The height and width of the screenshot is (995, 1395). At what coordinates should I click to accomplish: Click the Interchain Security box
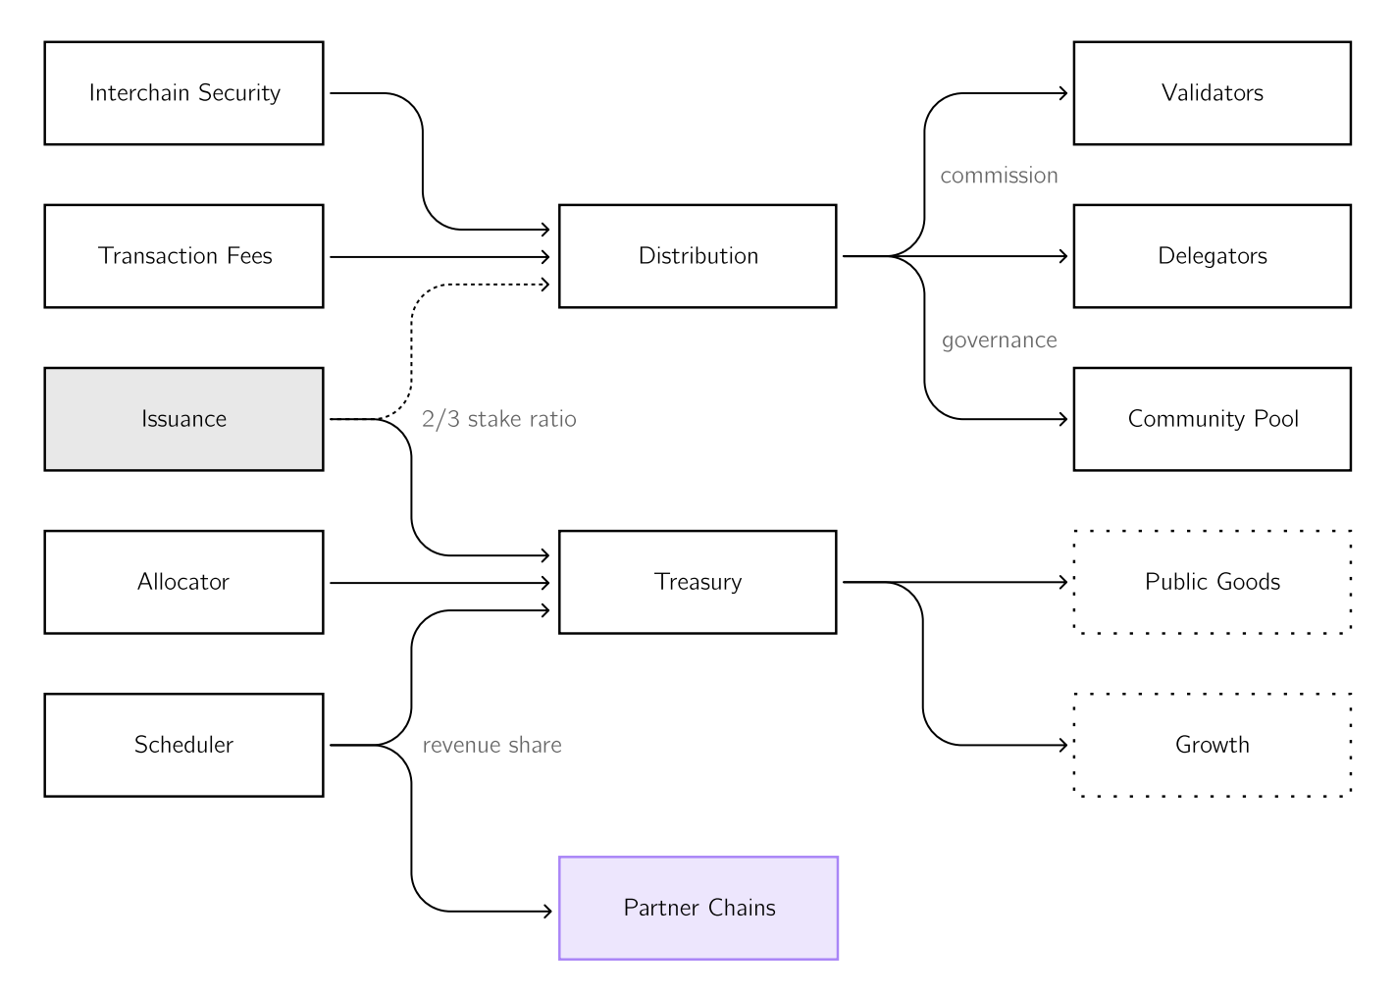(183, 93)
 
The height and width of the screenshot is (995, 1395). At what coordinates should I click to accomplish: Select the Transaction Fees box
(183, 256)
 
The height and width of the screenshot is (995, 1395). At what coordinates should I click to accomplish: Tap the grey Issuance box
(183, 419)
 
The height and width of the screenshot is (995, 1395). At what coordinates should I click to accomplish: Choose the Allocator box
(183, 583)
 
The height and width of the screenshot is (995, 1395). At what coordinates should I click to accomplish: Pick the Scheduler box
(183, 745)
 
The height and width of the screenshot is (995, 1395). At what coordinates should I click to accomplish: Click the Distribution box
(698, 256)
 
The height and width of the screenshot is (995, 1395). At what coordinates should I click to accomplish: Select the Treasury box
(698, 583)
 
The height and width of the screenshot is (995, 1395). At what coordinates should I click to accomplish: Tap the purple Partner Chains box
(698, 909)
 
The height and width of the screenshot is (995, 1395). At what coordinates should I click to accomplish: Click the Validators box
(1213, 93)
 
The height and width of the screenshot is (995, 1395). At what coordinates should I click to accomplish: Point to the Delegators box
(1213, 256)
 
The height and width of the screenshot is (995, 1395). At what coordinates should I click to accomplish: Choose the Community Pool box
(1213, 419)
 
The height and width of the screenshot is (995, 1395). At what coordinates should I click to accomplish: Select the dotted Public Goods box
(1213, 583)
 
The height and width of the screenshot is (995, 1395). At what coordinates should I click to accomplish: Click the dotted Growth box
(1213, 745)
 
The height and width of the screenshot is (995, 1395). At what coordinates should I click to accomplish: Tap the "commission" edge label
(999, 176)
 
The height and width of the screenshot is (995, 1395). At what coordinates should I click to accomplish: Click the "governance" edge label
(999, 340)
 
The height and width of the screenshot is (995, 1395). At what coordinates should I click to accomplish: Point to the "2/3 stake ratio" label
(498, 419)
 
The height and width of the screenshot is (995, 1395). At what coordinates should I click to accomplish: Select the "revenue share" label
(492, 745)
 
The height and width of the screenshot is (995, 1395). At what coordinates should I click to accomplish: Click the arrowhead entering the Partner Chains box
(547, 912)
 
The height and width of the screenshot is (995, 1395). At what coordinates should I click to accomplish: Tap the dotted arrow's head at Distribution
(545, 285)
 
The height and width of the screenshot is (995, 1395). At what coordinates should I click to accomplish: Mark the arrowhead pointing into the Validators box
(1063, 93)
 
